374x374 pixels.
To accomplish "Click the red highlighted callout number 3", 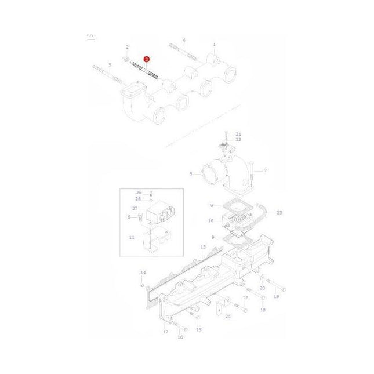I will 147,59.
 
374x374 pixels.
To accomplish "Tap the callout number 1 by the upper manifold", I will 214,45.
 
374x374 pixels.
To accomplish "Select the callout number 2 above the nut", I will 127,47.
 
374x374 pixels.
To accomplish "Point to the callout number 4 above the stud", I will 184,40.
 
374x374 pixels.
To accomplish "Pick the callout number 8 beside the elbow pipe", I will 190,173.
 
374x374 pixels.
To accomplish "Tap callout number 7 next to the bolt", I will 265,170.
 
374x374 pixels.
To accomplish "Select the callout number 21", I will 238,134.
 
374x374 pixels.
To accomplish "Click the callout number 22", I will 238,140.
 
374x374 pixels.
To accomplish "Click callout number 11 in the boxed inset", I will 131,237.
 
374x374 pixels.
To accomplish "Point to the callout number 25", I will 139,192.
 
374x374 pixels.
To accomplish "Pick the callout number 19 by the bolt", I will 276,296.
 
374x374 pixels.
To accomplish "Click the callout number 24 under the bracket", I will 228,317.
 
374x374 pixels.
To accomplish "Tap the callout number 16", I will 180,337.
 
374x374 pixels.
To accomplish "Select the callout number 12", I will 165,332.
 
